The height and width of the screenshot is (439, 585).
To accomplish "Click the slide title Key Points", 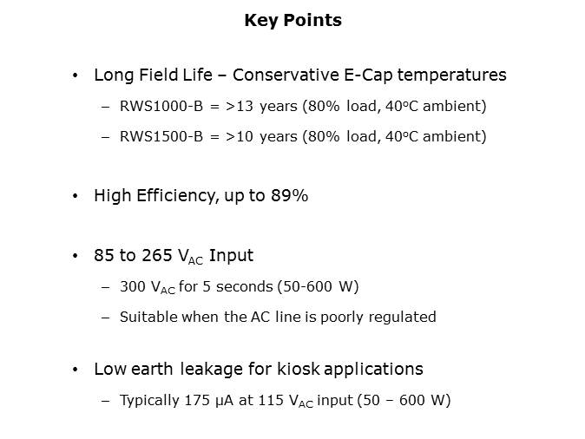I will click(x=292, y=20).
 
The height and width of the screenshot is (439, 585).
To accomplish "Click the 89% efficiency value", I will click(x=292, y=196).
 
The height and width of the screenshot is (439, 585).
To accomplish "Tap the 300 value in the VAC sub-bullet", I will click(x=135, y=286).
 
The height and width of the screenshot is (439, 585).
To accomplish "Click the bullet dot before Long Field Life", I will click(x=76, y=76).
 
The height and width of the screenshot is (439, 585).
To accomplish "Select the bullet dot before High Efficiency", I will click(x=76, y=197).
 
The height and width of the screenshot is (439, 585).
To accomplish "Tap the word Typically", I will click(x=149, y=400).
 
